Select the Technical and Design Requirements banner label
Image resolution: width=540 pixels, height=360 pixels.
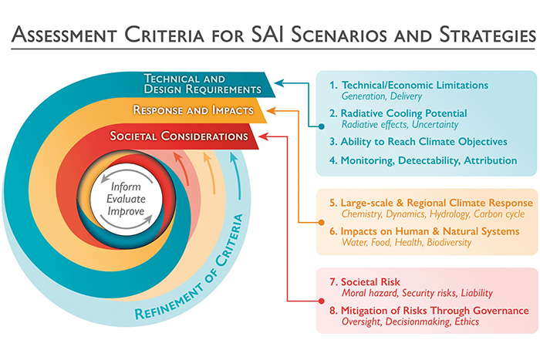(203, 82)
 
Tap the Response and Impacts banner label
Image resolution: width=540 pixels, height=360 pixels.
(193, 110)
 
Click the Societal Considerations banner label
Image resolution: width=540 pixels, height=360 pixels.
(179, 136)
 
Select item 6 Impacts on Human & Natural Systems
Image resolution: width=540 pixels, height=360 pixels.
(423, 231)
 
